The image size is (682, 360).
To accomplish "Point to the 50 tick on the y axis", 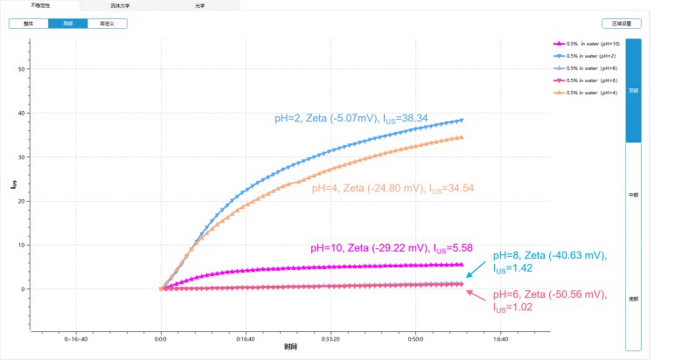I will click(22, 69).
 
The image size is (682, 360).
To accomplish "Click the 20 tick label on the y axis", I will click(22, 201).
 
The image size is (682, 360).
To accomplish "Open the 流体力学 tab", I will click(118, 5).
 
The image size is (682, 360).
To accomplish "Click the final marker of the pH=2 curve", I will click(461, 120).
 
